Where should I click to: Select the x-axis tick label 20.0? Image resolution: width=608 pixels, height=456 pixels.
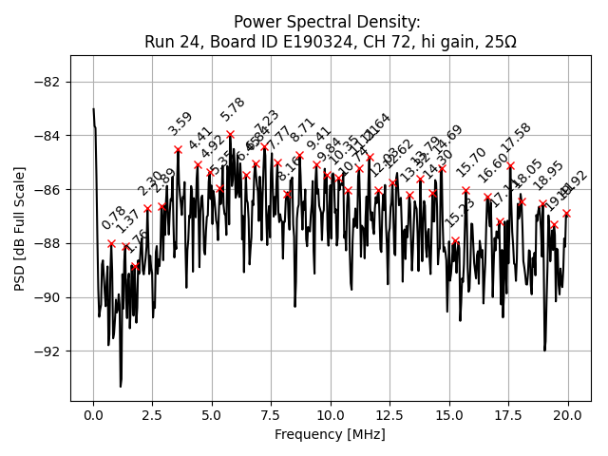(x=568, y=416)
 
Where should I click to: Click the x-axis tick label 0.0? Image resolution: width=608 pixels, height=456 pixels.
(x=93, y=416)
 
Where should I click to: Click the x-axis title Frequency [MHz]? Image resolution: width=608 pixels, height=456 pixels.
(x=331, y=434)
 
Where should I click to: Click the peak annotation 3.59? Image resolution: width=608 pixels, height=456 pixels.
(x=180, y=123)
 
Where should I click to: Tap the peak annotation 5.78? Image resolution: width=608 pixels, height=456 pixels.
(x=233, y=109)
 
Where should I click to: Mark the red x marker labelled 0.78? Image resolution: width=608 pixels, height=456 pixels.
(x=111, y=243)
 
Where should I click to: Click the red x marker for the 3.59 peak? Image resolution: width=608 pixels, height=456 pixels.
(x=178, y=149)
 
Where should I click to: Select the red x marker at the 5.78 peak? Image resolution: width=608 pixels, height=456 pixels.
(x=230, y=135)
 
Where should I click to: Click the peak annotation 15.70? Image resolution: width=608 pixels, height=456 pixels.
(x=471, y=161)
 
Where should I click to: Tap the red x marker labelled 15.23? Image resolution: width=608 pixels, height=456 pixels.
(x=455, y=240)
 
